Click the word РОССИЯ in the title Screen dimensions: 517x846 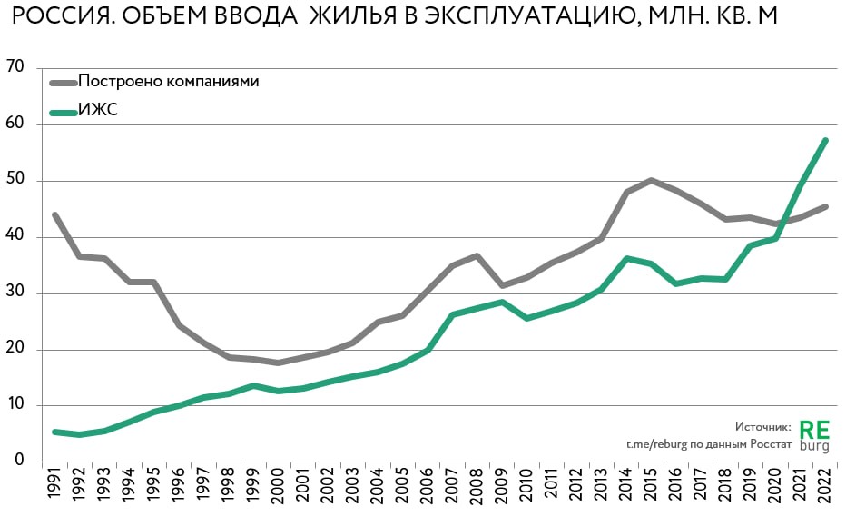click(x=57, y=17)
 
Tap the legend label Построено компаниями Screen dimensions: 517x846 click(x=169, y=81)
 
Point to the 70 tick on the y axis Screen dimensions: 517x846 click(x=15, y=68)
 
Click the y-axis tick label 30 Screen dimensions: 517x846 click(x=15, y=293)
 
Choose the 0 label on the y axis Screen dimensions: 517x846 click(x=19, y=462)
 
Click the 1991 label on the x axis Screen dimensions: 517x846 click(x=55, y=488)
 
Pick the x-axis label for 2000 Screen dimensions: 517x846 click(x=277, y=488)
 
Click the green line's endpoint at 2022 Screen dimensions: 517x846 click(x=825, y=140)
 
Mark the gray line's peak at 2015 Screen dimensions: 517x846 click(x=652, y=180)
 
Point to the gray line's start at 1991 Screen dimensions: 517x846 click(x=55, y=215)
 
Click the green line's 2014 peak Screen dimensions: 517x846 click(x=627, y=258)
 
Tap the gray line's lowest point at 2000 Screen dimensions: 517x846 click(x=278, y=363)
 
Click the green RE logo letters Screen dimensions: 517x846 click(x=814, y=428)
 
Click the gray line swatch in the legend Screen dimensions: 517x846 click(x=62, y=82)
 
